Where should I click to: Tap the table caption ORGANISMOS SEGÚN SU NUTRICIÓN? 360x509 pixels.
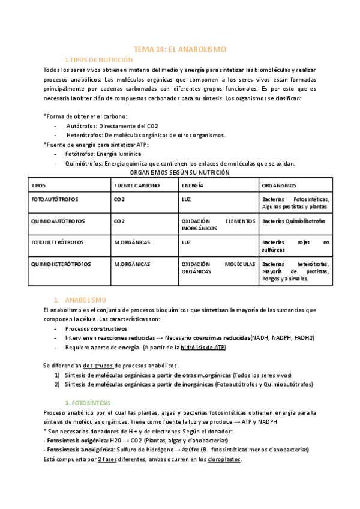[x=179, y=172]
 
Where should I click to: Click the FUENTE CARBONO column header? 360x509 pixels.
[x=137, y=185]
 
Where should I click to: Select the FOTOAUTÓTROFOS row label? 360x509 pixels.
[x=55, y=199]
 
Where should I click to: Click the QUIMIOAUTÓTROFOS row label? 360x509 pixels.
[x=58, y=221]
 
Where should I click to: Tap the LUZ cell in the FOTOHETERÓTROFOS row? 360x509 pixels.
[x=187, y=242]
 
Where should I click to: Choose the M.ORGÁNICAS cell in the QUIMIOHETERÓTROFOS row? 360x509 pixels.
[x=131, y=264]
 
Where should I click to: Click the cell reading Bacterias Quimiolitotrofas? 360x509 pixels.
[x=294, y=221]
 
